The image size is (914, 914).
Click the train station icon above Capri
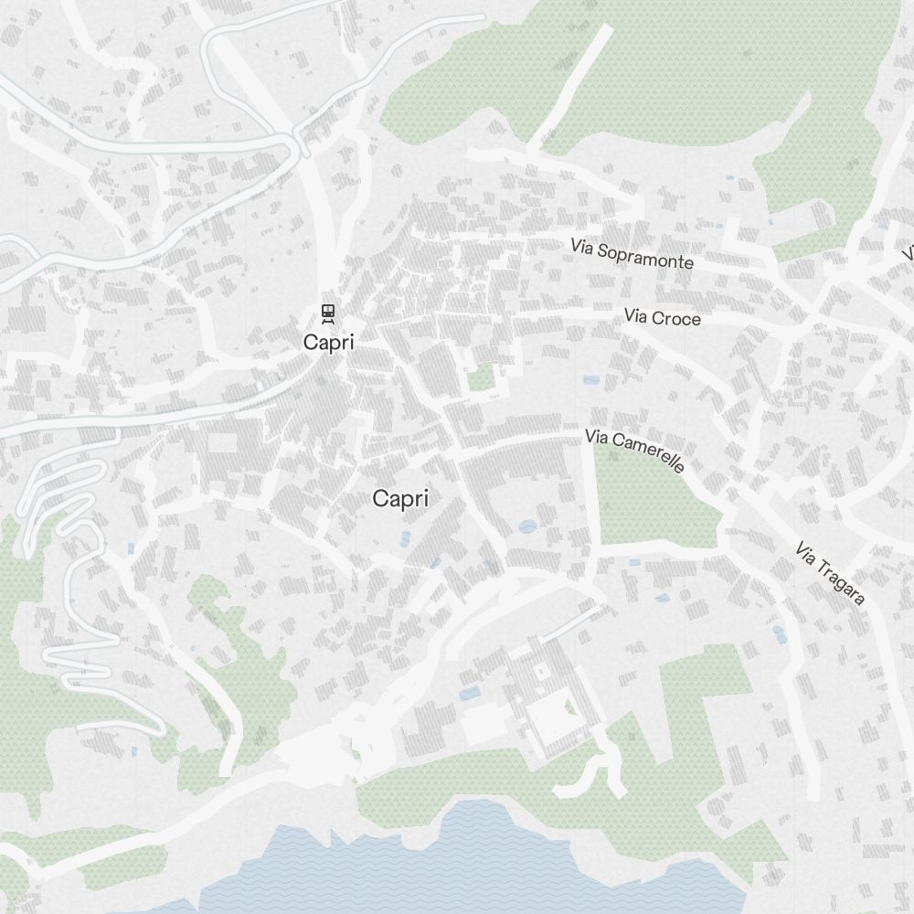pos(327,314)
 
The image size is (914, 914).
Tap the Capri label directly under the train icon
pos(328,343)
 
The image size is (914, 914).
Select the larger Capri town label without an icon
pos(400,499)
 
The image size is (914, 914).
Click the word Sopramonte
pos(646,257)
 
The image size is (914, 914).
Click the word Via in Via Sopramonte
pos(582,246)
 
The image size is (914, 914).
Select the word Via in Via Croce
pos(635,316)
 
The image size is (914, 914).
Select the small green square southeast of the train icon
pos(481,377)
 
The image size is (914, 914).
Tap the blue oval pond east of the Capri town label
pos(527,526)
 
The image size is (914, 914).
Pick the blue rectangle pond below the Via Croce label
pos(591,379)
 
